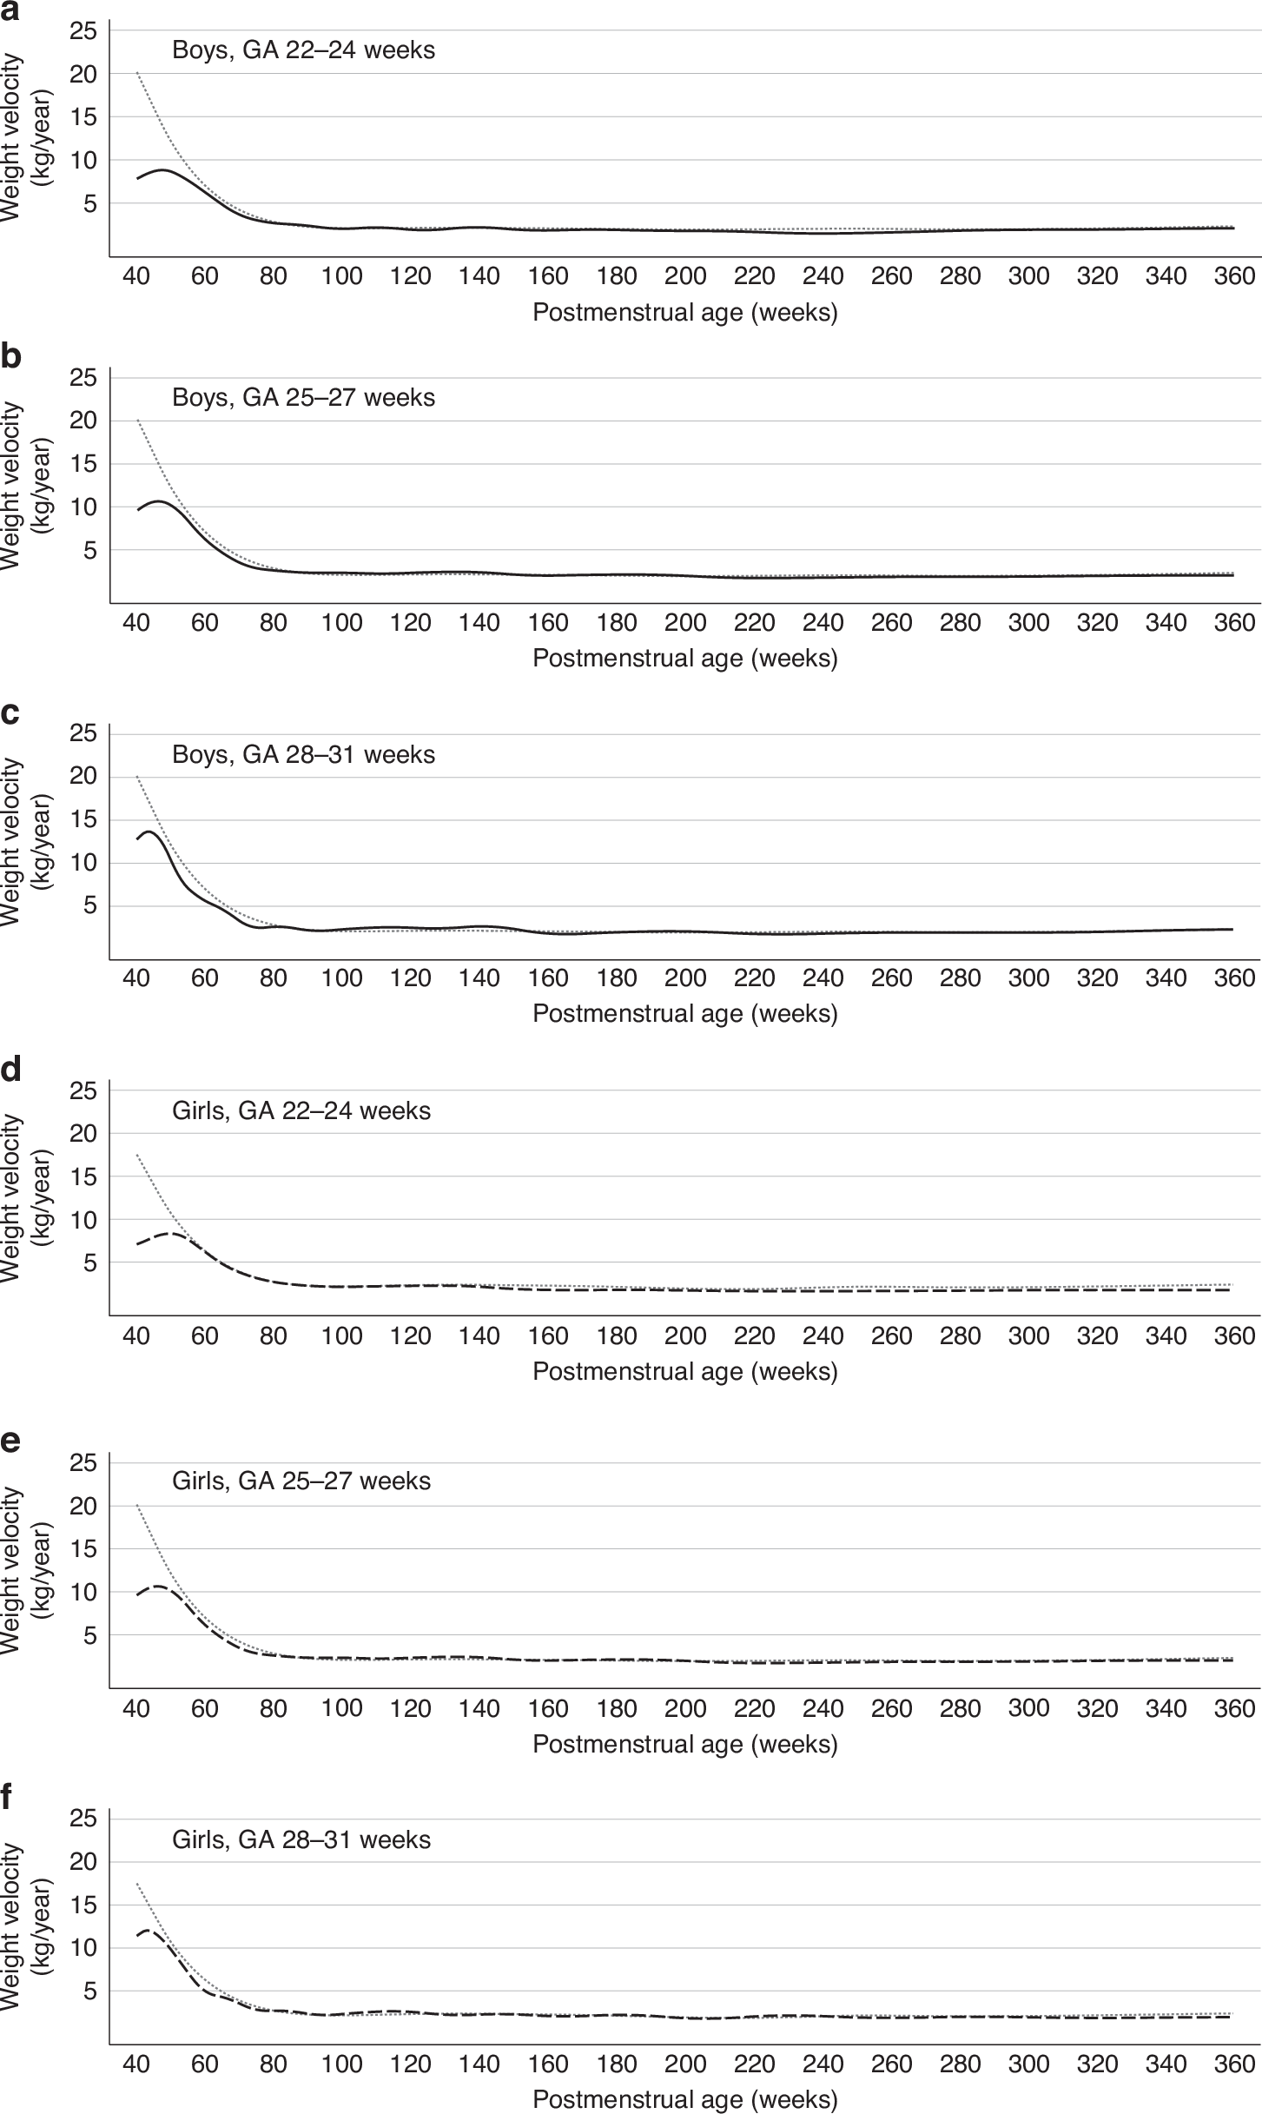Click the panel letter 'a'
[10, 10]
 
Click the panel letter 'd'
[10, 1070]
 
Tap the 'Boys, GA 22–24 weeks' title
[303, 50]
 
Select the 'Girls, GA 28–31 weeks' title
[301, 1839]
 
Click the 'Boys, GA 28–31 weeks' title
[303, 754]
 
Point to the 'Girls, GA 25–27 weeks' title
[301, 1481]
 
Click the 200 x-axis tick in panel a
[685, 276]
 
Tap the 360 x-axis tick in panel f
[1234, 2064]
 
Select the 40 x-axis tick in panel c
[136, 978]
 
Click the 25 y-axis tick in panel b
[83, 378]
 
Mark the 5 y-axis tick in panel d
[90, 1262]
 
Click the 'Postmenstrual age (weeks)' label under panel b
[684, 659]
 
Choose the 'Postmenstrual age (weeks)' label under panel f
[684, 2100]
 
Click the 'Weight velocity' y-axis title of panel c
[12, 841]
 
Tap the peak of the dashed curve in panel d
[171, 1233]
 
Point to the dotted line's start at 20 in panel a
[137, 73]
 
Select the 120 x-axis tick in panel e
[411, 1708]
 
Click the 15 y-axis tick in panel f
[83, 1905]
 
